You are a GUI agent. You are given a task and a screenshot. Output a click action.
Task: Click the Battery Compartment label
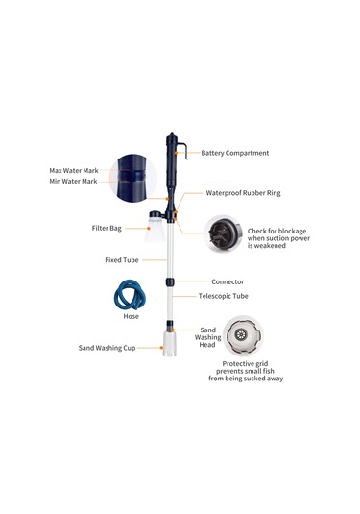pyautogui.click(x=235, y=153)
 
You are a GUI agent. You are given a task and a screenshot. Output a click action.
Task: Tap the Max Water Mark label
pyautogui.click(x=74, y=170)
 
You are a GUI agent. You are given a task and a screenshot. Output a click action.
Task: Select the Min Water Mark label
pyautogui.click(x=73, y=181)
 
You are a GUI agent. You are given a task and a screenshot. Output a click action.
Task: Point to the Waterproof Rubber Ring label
pyautogui.click(x=243, y=193)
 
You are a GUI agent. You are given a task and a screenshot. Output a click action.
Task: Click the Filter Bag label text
pyautogui.click(x=107, y=228)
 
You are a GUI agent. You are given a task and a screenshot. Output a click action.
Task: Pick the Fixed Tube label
pyautogui.click(x=122, y=260)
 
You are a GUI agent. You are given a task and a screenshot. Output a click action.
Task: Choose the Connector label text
pyautogui.click(x=228, y=281)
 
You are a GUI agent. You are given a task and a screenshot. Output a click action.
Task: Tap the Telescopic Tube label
pyautogui.click(x=223, y=296)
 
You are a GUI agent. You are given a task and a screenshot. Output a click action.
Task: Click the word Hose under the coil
pyautogui.click(x=131, y=316)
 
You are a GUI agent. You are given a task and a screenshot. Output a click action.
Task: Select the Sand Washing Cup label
pyautogui.click(x=107, y=348)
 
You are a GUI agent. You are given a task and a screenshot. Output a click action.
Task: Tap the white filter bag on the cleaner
pyautogui.click(x=155, y=228)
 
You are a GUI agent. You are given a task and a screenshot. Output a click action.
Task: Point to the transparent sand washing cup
pyautogui.click(x=169, y=343)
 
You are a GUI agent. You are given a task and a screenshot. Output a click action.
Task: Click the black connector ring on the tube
pyautogui.click(x=170, y=281)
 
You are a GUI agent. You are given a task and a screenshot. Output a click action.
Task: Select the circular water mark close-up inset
pyautogui.click(x=133, y=178)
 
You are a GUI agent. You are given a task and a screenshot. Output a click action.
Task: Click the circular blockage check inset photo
pyautogui.click(x=224, y=233)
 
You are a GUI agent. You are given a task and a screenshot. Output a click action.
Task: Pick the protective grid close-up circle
pyautogui.click(x=243, y=335)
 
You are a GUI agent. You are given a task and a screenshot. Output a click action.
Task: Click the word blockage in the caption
pyautogui.click(x=292, y=232)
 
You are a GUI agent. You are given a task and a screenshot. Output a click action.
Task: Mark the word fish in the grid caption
pyautogui.click(x=268, y=371)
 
